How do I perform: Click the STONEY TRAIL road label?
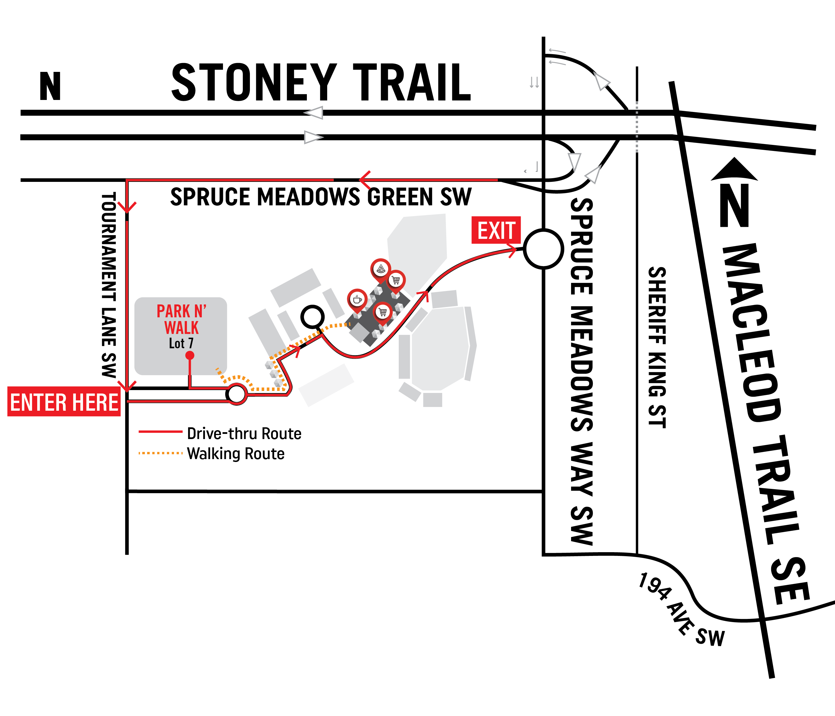pyautogui.click(x=321, y=83)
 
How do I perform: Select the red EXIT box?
pyautogui.click(x=496, y=230)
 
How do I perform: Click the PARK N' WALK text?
pyautogui.click(x=181, y=319)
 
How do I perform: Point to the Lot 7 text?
pyautogui.click(x=181, y=343)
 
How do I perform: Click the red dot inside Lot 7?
pyautogui.click(x=190, y=355)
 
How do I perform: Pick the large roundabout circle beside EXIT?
pyautogui.click(x=543, y=249)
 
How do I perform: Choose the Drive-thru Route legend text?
pyautogui.click(x=244, y=433)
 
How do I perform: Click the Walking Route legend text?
pyautogui.click(x=236, y=454)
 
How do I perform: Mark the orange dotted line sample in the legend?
pyautogui.click(x=160, y=453)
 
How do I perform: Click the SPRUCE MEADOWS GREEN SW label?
pyautogui.click(x=321, y=197)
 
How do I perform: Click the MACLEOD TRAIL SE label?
pyautogui.click(x=766, y=423)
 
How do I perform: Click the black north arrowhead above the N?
pyautogui.click(x=734, y=169)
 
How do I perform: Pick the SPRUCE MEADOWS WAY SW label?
pyautogui.click(x=582, y=371)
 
